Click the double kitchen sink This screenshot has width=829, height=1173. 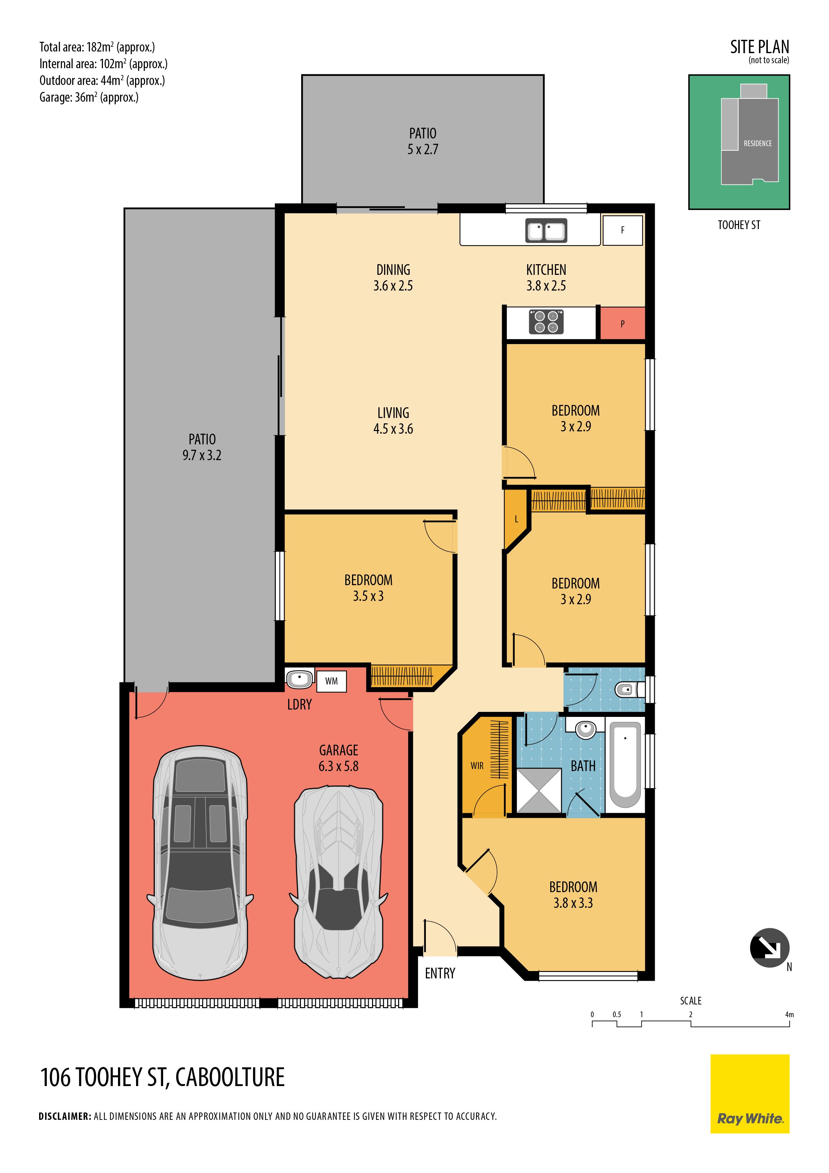(546, 231)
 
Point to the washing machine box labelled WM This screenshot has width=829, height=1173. (332, 681)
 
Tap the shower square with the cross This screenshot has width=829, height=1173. (539, 790)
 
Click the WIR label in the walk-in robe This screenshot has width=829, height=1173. (477, 766)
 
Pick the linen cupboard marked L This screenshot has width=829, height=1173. (516, 519)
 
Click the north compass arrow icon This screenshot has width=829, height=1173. (769, 948)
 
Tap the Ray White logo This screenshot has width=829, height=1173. (750, 1094)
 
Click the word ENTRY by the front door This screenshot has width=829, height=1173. (440, 973)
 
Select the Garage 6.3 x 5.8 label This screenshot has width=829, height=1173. (339, 758)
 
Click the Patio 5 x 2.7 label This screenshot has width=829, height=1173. (423, 141)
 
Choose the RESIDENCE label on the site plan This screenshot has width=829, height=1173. (757, 143)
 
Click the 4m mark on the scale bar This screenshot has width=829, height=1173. (789, 1015)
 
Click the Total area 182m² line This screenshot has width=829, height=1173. (97, 47)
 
